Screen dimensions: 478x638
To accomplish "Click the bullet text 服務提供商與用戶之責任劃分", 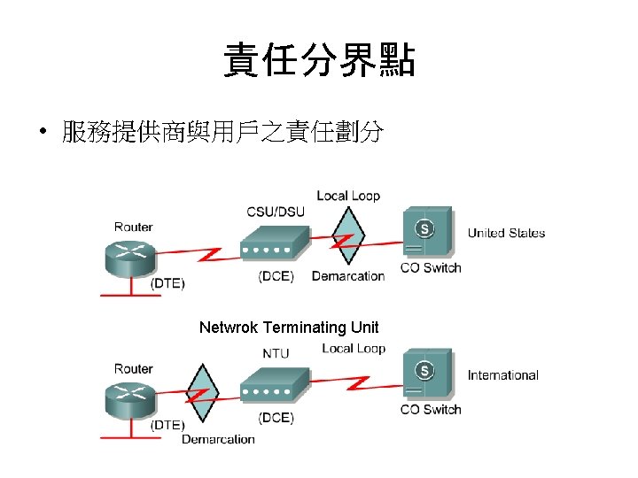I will (222, 133).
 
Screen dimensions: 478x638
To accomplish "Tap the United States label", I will (506, 233).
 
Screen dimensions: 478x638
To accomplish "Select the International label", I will (502, 374).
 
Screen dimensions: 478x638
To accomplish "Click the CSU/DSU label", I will (275, 212).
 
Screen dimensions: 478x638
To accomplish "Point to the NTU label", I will (276, 353).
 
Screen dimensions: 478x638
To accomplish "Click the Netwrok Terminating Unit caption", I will (289, 328).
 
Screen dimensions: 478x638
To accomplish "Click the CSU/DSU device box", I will (276, 244).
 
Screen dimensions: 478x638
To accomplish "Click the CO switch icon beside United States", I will (426, 234).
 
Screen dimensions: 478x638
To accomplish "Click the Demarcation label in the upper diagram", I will (348, 276).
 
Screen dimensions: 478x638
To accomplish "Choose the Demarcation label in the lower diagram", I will (218, 439).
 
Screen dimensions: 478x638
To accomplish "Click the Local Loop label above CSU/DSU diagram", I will (348, 196).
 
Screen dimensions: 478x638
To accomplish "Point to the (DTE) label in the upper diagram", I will (167, 283).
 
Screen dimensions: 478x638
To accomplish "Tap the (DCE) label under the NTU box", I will (276, 417).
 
